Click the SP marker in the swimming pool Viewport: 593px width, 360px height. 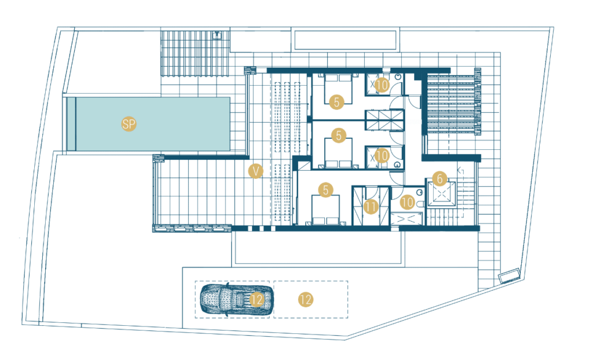(129, 124)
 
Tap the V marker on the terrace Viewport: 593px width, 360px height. (255, 171)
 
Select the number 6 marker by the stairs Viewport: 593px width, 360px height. (440, 178)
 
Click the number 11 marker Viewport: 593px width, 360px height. (371, 207)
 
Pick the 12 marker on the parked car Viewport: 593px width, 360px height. (257, 299)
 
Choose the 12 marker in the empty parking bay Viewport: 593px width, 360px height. (306, 299)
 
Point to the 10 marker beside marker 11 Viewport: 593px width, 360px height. (407, 202)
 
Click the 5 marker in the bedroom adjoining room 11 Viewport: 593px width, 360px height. (325, 190)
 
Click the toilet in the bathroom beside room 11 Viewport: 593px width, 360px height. (420, 204)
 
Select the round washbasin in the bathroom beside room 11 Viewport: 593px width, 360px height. (419, 193)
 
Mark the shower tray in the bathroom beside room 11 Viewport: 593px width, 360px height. (407, 219)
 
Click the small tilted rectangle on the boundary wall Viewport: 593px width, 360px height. (509, 275)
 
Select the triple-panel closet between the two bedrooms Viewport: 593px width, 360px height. (385, 120)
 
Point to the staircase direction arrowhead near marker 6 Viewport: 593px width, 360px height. (460, 171)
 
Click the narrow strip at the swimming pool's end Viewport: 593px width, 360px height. (71, 124)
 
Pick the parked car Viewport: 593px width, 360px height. (236, 299)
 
